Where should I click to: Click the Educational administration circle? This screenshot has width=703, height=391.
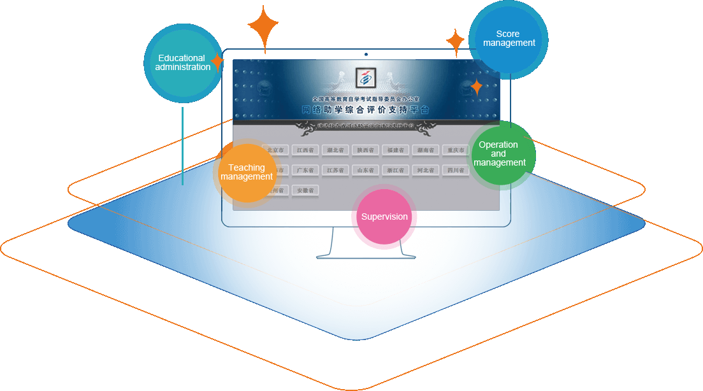(183, 63)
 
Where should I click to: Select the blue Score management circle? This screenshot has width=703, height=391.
(509, 39)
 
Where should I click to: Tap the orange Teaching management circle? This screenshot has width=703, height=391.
(247, 173)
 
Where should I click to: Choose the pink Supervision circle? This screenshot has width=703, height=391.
(384, 217)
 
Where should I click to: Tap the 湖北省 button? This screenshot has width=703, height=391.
(333, 150)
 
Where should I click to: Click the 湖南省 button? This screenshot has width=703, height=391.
(425, 150)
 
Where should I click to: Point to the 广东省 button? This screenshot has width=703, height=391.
(305, 170)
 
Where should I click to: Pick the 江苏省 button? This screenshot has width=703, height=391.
(333, 170)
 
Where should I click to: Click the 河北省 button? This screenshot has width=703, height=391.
(425, 170)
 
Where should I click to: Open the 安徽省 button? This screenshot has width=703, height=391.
(305, 190)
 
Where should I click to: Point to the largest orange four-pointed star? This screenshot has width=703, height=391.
(263, 27)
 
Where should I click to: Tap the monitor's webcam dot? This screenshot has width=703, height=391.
(366, 55)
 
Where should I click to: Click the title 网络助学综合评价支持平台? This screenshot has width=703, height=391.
(365, 110)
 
